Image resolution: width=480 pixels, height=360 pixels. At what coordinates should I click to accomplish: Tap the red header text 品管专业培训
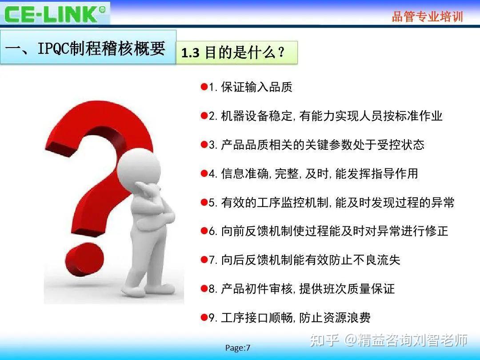pos(427,17)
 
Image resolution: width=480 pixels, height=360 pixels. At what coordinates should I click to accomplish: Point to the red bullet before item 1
pos(204,87)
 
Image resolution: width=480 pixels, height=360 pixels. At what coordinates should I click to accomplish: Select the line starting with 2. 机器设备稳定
pos(326,116)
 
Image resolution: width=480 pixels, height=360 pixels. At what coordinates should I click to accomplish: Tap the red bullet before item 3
pos(204,144)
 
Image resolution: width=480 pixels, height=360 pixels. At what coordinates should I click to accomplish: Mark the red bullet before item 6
pos(204,231)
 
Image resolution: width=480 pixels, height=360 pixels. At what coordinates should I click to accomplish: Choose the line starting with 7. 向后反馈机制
pos(304,260)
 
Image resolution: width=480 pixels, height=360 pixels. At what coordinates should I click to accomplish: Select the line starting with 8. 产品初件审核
pos(301,289)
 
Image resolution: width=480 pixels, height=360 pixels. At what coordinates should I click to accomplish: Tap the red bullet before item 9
pos(204,317)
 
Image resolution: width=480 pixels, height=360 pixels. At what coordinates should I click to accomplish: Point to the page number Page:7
pos(238,348)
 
